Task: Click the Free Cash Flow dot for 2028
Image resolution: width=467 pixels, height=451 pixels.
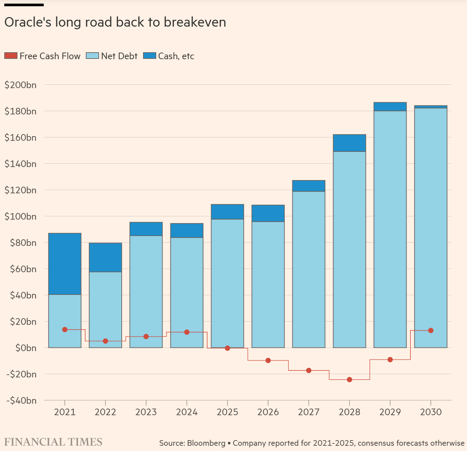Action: [350, 380]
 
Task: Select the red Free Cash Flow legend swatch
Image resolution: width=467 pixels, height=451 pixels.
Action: [11, 56]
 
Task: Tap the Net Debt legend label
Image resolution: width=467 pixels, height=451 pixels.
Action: [119, 56]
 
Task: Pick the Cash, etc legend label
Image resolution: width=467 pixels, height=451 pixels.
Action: [176, 56]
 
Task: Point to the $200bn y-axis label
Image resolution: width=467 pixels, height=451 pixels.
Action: [20, 85]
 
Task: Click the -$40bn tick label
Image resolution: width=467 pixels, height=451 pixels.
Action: [21, 400]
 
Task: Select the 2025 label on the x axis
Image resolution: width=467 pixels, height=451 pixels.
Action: [227, 412]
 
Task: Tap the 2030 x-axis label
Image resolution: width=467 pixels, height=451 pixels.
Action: [431, 412]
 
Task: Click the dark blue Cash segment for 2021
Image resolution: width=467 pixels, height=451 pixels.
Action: [65, 264]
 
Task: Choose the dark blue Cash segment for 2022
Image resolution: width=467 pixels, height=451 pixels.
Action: [106, 257]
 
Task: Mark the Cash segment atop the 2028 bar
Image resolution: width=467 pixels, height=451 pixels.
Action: [350, 143]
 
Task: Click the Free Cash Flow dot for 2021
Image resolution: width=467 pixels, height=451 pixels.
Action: [65, 330]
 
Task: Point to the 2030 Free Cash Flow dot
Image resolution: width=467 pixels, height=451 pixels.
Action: [431, 330]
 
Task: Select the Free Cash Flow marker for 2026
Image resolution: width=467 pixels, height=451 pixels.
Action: [268, 361]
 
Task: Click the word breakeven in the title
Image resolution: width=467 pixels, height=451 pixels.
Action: [195, 22]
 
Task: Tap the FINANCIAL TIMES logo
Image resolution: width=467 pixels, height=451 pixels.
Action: [53, 442]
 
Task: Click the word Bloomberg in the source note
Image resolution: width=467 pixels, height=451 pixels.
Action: [206, 443]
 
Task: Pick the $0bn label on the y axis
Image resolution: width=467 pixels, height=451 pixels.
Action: [26, 348]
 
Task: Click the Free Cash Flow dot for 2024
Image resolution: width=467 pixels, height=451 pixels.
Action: [187, 332]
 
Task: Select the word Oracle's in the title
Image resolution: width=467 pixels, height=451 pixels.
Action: [28, 22]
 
